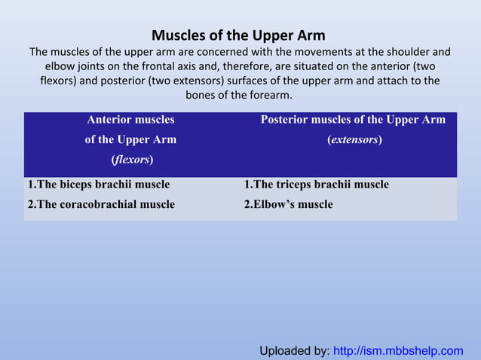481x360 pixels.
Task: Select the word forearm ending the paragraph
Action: point(268,95)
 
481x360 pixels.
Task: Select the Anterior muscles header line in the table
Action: point(130,120)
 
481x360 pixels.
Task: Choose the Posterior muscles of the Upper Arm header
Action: point(353,120)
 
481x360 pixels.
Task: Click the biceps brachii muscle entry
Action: point(99,185)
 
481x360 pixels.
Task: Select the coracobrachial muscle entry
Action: point(101,204)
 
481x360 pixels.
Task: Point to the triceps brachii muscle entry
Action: point(317,185)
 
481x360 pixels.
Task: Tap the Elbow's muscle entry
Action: point(288,204)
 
